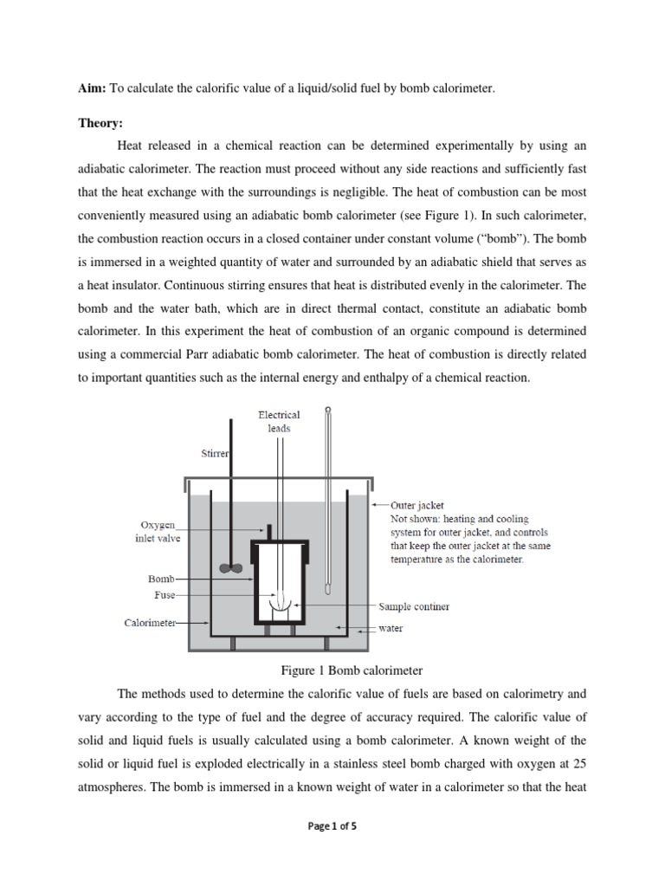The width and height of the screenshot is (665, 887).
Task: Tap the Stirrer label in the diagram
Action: tap(214, 453)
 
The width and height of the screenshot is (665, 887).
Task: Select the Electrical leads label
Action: tap(279, 421)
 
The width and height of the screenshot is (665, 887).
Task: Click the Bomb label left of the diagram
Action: tap(161, 578)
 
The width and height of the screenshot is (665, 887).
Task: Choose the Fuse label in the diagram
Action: tap(165, 595)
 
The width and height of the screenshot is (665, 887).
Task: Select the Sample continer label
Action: tap(414, 606)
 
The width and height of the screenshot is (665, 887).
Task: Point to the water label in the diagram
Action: tap(391, 628)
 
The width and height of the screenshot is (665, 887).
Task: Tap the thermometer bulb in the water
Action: tap(328, 588)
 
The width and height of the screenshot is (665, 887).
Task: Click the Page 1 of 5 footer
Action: tap(332, 826)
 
